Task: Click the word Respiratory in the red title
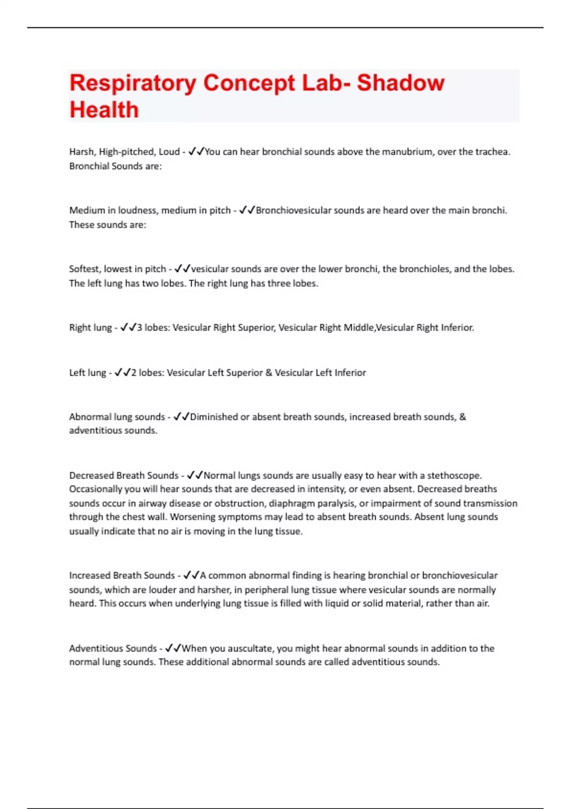[x=132, y=83]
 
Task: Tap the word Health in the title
[x=104, y=110]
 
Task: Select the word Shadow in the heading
[x=401, y=83]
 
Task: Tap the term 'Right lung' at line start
[x=90, y=328]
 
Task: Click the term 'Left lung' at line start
[x=88, y=373]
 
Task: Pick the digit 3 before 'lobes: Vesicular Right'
[x=139, y=328]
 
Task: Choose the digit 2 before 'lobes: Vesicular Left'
[x=134, y=373]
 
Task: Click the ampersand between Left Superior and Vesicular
[x=269, y=373]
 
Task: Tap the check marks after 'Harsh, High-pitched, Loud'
[x=196, y=152]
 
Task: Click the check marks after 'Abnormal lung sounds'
[x=181, y=417]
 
